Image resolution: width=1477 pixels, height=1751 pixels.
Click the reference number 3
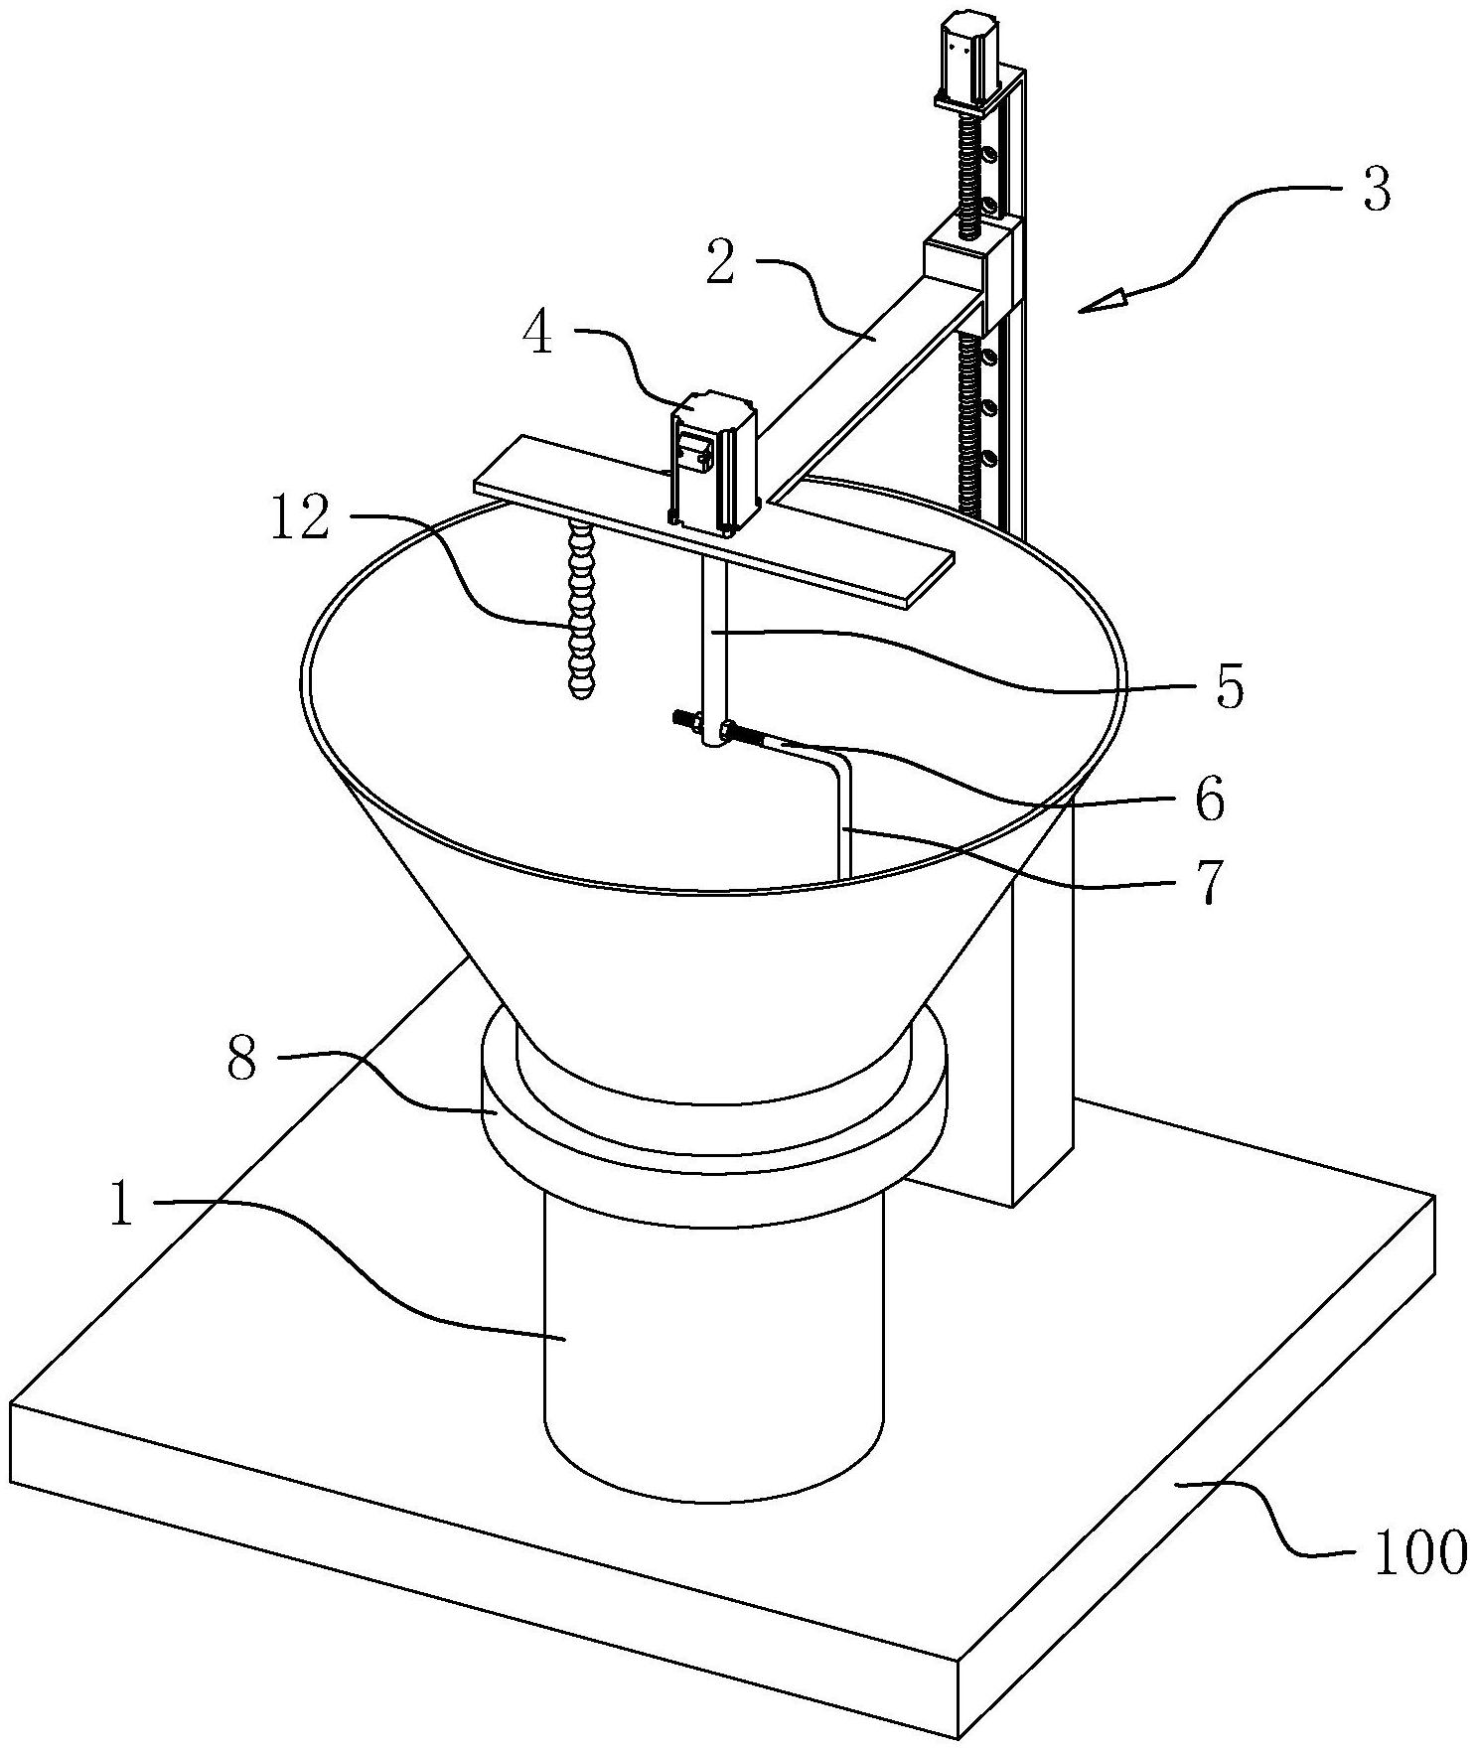(x=1376, y=189)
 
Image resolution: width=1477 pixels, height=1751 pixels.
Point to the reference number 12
(x=301, y=518)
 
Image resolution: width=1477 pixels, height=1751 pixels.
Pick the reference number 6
(x=1209, y=800)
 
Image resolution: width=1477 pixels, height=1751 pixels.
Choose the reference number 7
(x=1207, y=882)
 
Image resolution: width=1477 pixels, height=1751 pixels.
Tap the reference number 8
(x=241, y=1061)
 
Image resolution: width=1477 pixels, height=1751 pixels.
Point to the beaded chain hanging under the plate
(x=579, y=609)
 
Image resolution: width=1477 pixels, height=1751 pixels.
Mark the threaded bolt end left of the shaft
(x=688, y=719)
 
